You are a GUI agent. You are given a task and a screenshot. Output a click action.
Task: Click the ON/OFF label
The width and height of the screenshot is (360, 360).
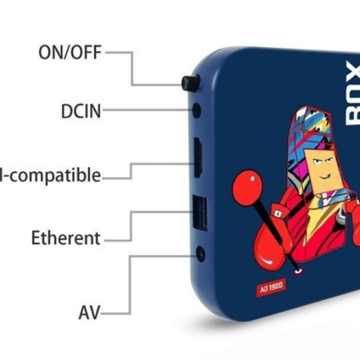(x=70, y=52)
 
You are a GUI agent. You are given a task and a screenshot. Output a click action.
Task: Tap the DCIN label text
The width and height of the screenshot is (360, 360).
(x=81, y=111)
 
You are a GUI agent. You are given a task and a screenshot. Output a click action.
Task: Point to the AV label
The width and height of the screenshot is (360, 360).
(x=89, y=313)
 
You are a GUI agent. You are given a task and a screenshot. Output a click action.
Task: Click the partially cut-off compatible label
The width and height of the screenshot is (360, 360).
(x=51, y=175)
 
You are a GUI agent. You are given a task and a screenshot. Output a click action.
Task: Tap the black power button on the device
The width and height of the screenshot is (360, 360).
(x=191, y=83)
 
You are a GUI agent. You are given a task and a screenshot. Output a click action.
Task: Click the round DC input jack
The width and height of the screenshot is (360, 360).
(x=196, y=110)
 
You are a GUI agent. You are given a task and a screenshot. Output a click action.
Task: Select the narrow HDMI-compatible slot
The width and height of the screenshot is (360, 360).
(x=198, y=157)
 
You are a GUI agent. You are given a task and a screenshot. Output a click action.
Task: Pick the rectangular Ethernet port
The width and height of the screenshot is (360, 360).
(x=200, y=214)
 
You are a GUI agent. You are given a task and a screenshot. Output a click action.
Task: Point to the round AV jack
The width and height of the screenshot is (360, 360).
(x=200, y=254)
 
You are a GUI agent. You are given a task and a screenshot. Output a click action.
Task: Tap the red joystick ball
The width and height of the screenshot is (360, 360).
(x=247, y=188)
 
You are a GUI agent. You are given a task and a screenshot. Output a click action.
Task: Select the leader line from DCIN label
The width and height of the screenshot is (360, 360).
(x=146, y=111)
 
